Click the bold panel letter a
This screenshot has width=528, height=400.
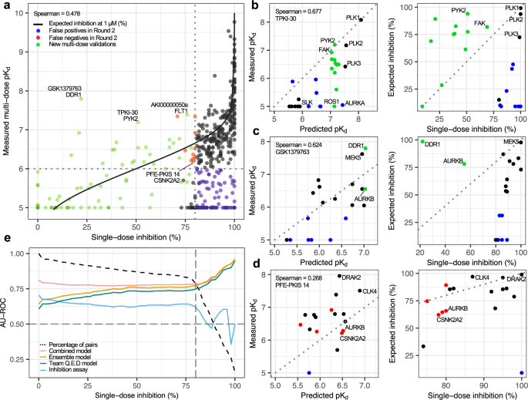point(5,6)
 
